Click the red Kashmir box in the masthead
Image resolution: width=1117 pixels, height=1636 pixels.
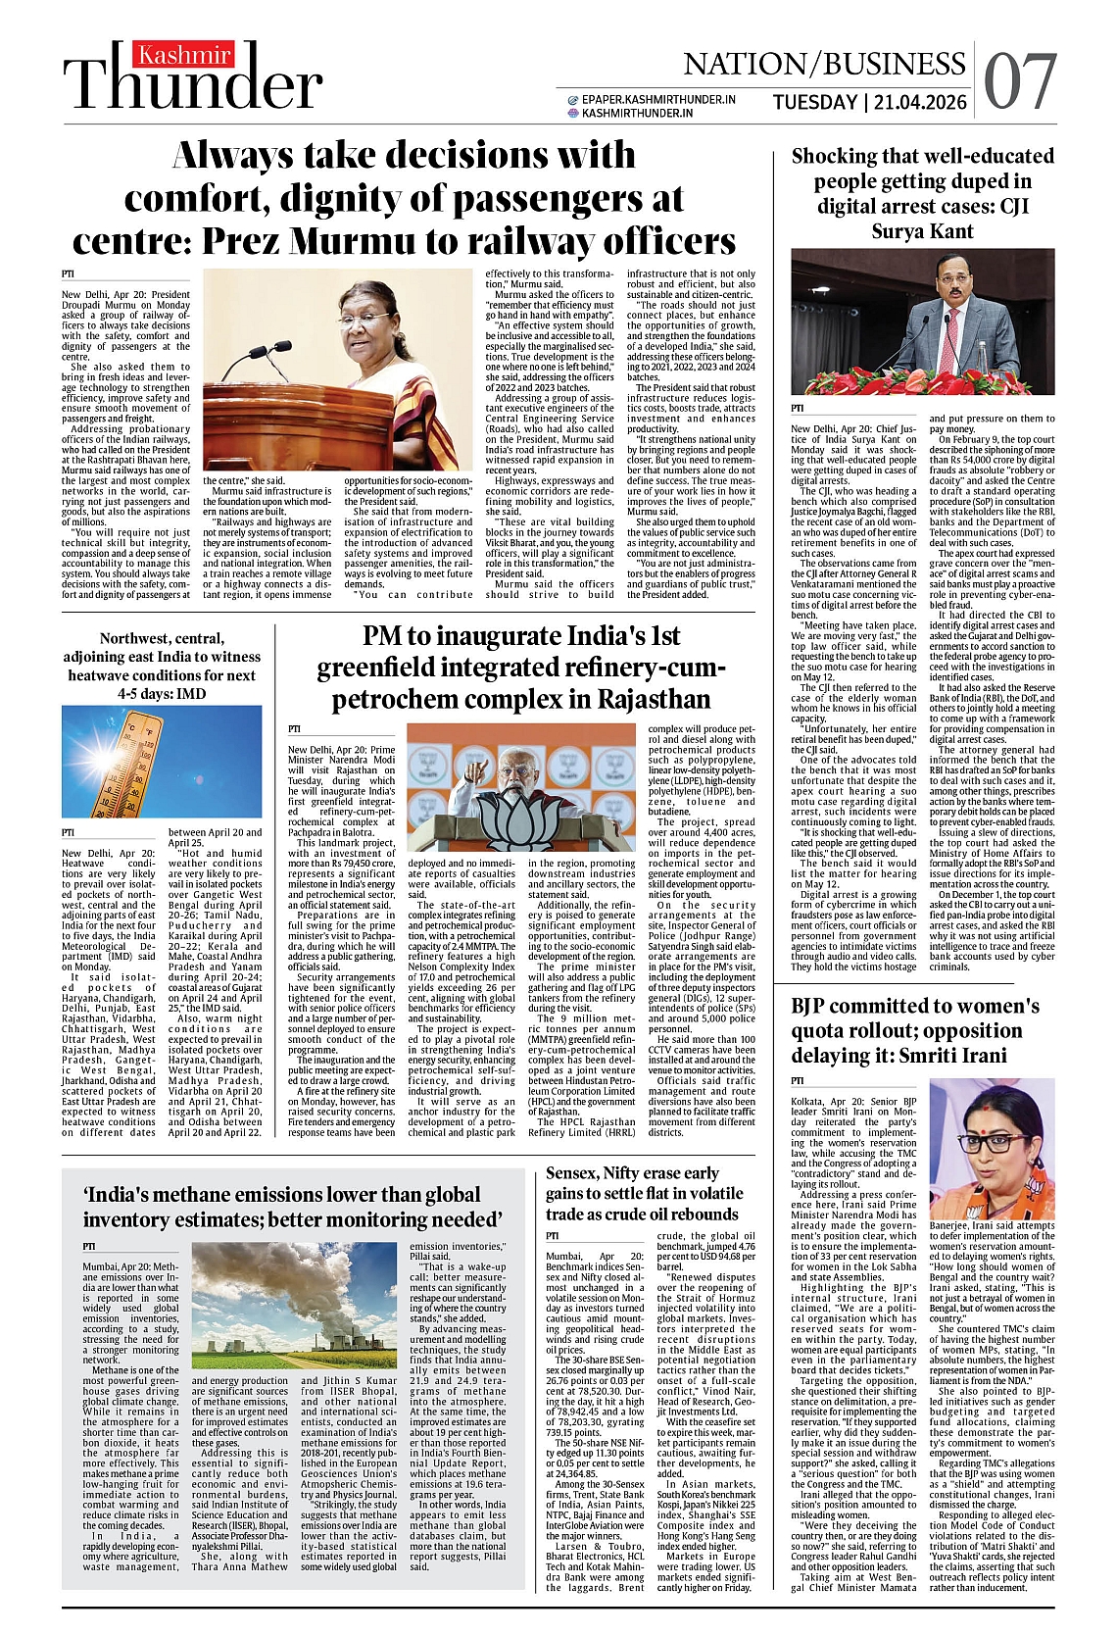tap(183, 57)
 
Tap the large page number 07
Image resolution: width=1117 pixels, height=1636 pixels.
tap(1020, 82)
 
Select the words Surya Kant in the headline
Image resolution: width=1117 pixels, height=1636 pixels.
tap(923, 231)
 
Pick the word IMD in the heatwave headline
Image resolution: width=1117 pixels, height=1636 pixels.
tap(190, 693)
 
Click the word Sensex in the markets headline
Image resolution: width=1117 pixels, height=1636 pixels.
tap(572, 1173)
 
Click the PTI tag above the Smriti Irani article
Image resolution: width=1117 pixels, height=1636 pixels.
tap(798, 1080)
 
